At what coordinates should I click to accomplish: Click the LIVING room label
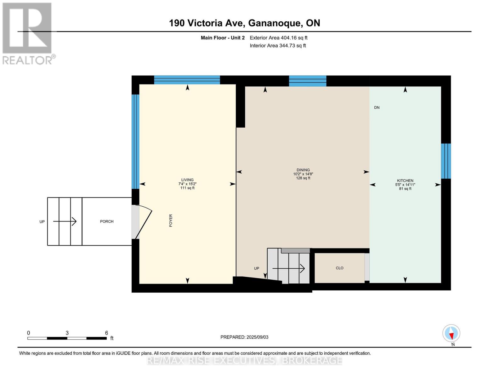[x=187, y=180]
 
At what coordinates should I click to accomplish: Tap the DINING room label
[x=303, y=170]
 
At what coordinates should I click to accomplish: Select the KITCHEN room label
[x=405, y=180]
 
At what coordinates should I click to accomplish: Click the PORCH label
[x=107, y=221]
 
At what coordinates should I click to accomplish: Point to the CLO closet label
[x=339, y=268]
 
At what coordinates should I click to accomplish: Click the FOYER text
[x=171, y=220]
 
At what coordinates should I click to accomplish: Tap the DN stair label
[x=377, y=107]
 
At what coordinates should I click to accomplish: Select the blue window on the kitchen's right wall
[x=446, y=161]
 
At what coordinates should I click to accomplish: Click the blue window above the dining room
[x=308, y=81]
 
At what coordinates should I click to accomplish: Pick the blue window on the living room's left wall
[x=135, y=141]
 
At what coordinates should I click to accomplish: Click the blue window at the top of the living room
[x=187, y=80]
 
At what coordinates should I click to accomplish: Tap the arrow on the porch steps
[x=65, y=221]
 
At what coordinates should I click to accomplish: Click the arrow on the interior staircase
[x=288, y=268]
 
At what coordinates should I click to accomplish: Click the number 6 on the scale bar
[x=106, y=333]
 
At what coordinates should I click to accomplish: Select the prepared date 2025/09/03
[x=244, y=337]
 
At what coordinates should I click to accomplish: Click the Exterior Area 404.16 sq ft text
[x=278, y=38]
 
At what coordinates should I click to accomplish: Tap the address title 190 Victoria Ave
[x=244, y=23]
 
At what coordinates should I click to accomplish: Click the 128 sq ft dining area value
[x=303, y=178]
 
